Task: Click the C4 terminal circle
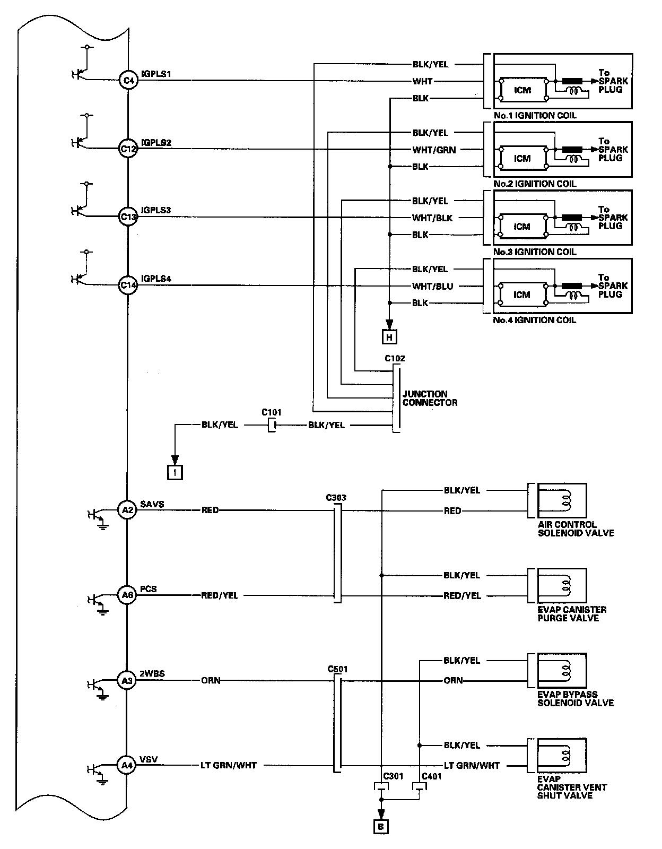pyautogui.click(x=128, y=81)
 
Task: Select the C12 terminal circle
pyautogui.click(x=128, y=149)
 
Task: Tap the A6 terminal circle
pyautogui.click(x=127, y=595)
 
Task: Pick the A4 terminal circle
pyautogui.click(x=127, y=765)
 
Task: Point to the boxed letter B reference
pyautogui.click(x=381, y=826)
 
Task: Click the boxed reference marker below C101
pyautogui.click(x=175, y=472)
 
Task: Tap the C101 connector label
pyautogui.click(x=272, y=412)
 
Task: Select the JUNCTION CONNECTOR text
pyautogui.click(x=430, y=398)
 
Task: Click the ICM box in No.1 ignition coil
pyautogui.click(x=522, y=90)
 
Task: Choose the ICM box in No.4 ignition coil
pyautogui.click(x=522, y=294)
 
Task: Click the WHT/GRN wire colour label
pyautogui.click(x=434, y=150)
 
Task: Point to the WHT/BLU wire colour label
pyautogui.click(x=433, y=286)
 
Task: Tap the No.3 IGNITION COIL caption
pyautogui.click(x=535, y=252)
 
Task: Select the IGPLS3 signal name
pyautogui.click(x=156, y=211)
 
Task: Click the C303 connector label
pyautogui.click(x=336, y=498)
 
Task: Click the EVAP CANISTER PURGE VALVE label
pyautogui.click(x=572, y=614)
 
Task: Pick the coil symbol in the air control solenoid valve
pyautogui.click(x=567, y=499)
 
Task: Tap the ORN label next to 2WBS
pyautogui.click(x=211, y=680)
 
